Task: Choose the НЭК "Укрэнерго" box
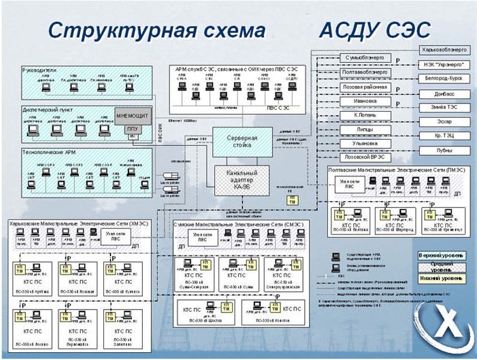pos(440,64)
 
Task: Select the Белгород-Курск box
pos(440,79)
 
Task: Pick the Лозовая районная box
pos(364,87)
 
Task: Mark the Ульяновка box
pos(364,143)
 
